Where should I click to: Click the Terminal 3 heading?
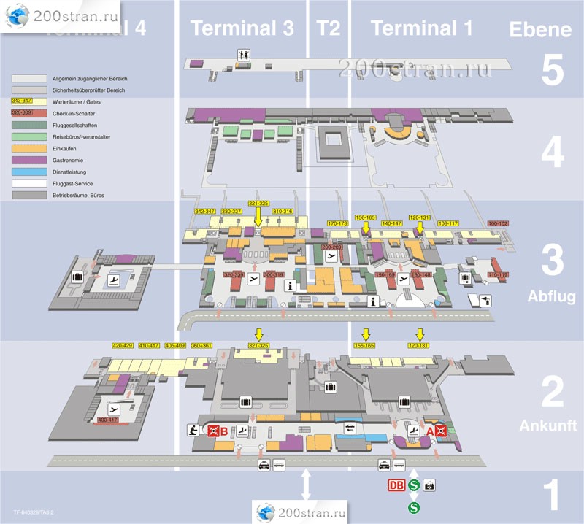pyautogui.click(x=242, y=28)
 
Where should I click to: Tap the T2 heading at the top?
pyautogui.click(x=328, y=28)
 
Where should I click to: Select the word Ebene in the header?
pyautogui.click(x=540, y=29)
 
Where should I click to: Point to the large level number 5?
pyautogui.click(x=553, y=70)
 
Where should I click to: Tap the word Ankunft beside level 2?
pyautogui.click(x=548, y=425)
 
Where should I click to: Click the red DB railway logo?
pyautogui.click(x=396, y=485)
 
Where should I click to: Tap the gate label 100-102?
pyautogui.click(x=497, y=223)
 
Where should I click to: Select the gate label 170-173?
pyautogui.click(x=337, y=223)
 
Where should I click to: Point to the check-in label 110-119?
pyautogui.click(x=498, y=274)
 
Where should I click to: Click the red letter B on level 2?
pyautogui.click(x=224, y=431)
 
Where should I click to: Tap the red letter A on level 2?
pyautogui.click(x=431, y=431)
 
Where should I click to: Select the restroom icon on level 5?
pyautogui.click(x=242, y=54)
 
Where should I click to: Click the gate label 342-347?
pyautogui.click(x=204, y=211)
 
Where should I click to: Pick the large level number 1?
pyautogui.click(x=553, y=495)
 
